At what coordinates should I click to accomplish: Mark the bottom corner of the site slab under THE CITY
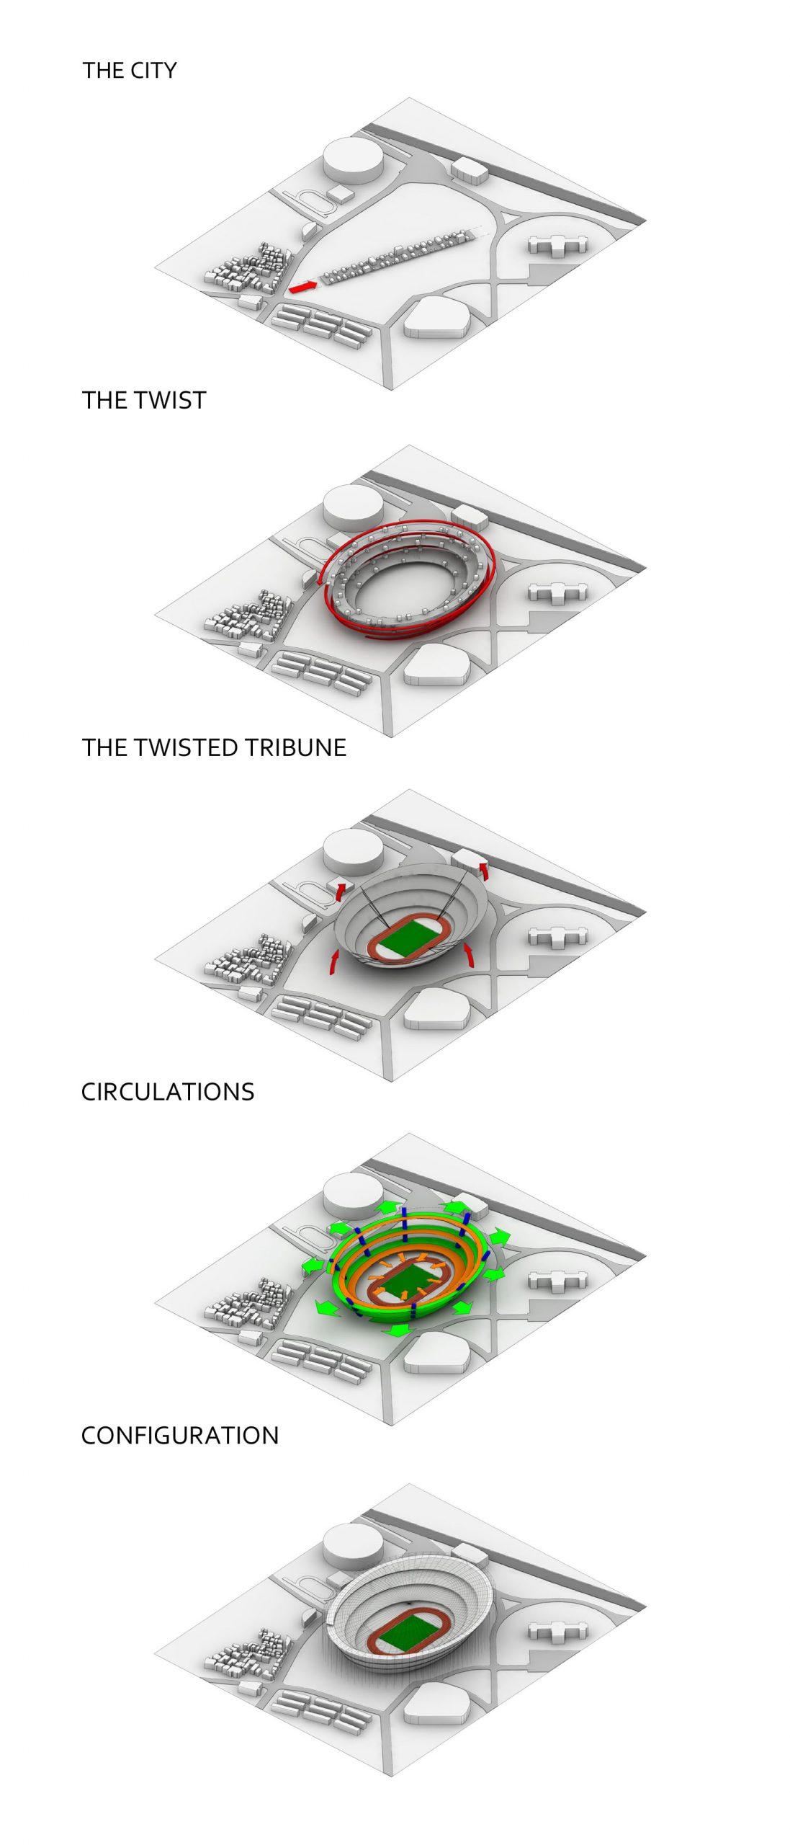point(392,390)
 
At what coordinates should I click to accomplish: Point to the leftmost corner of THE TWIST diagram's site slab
point(155,617)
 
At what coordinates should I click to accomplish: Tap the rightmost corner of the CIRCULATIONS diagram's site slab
point(646,1256)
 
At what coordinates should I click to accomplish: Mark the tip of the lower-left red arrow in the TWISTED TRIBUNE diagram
point(336,951)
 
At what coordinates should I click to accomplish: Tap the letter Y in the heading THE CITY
point(170,70)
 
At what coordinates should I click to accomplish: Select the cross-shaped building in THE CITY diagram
point(557,245)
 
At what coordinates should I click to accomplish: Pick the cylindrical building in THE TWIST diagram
point(353,507)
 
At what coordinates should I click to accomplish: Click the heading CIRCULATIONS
point(168,1091)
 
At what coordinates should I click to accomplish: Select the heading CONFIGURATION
point(180,1435)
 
